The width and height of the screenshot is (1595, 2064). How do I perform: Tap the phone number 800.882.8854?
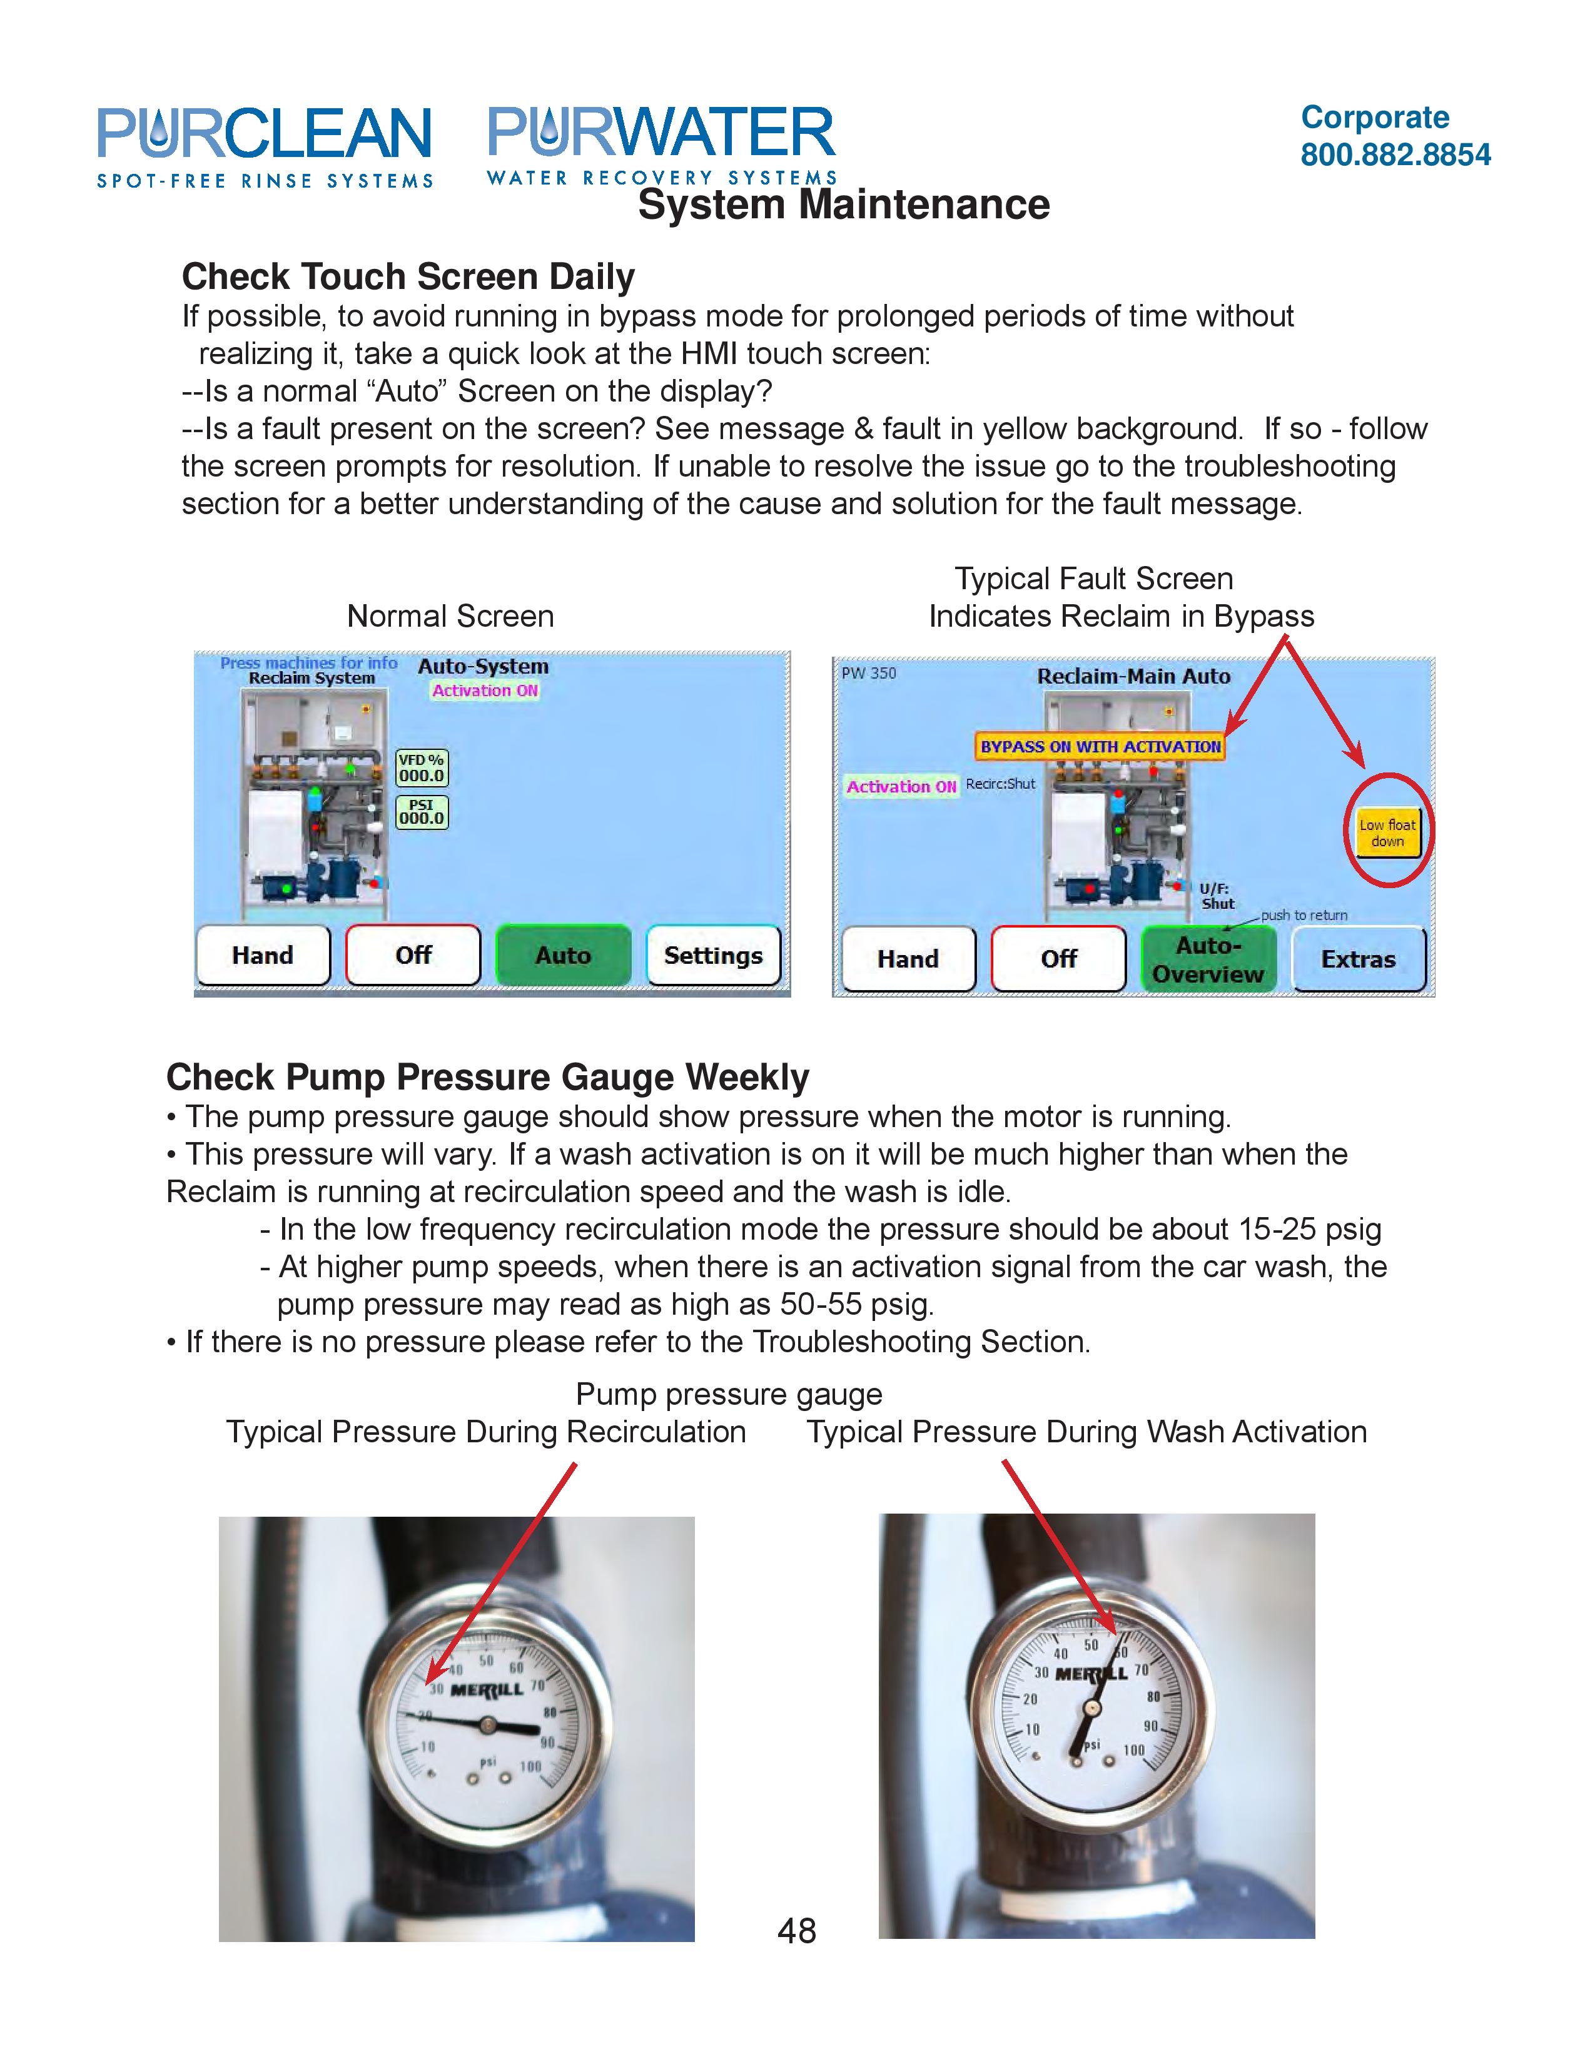click(x=1395, y=155)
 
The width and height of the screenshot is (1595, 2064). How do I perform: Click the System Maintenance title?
click(x=843, y=205)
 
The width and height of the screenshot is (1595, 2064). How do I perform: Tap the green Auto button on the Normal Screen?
click(x=563, y=956)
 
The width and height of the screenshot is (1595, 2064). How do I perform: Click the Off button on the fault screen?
click(x=1058, y=959)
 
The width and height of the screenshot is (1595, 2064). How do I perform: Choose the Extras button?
click(x=1358, y=959)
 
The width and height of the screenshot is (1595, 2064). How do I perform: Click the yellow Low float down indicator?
click(x=1387, y=832)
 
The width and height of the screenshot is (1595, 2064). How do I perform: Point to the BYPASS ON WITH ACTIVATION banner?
click(x=1100, y=747)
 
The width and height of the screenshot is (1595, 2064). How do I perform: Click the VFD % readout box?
click(x=422, y=768)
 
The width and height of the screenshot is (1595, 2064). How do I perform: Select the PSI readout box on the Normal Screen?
click(x=422, y=812)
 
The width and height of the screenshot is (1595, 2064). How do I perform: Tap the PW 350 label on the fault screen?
click(x=868, y=673)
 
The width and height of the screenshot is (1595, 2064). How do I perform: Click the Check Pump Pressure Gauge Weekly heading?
click(x=488, y=1078)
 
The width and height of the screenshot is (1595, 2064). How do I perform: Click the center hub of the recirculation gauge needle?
click(x=487, y=1725)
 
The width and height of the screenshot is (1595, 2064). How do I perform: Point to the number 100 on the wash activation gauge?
click(x=1133, y=1750)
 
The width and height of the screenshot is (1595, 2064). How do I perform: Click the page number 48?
click(x=796, y=1931)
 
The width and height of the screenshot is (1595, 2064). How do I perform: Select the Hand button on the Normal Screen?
click(x=263, y=956)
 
